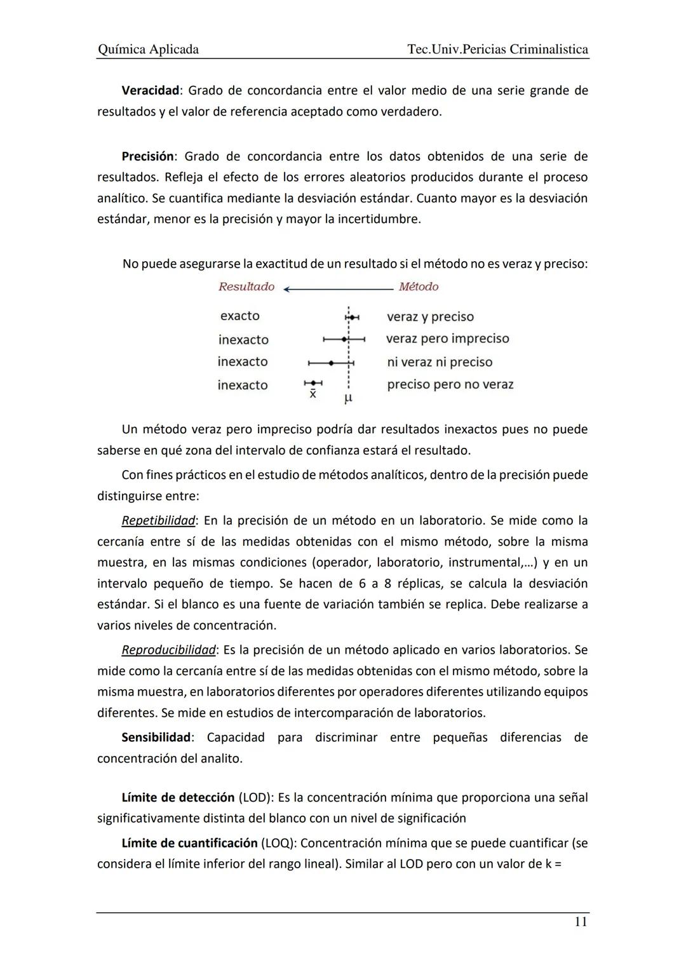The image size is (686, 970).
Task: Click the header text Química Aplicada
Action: click(x=147, y=49)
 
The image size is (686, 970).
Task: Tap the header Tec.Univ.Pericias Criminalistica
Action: click(x=497, y=49)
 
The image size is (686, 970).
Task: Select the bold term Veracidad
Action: click(x=150, y=90)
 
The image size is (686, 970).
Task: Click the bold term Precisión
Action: click(x=147, y=156)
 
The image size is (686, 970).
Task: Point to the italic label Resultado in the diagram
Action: click(x=246, y=286)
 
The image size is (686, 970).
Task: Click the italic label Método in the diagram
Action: click(x=419, y=286)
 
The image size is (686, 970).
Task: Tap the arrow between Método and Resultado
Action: click(x=338, y=289)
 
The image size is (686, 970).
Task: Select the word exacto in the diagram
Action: click(x=239, y=316)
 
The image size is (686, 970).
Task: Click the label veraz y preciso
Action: click(x=430, y=316)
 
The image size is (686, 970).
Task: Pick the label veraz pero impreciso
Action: click(x=447, y=339)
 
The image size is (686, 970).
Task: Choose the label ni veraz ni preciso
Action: click(x=440, y=362)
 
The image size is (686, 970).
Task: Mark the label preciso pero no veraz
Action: click(x=450, y=384)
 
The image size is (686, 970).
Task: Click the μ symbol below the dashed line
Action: click(x=347, y=399)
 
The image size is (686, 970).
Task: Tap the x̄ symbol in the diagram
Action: click(x=313, y=394)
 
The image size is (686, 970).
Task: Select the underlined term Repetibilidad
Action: click(x=158, y=520)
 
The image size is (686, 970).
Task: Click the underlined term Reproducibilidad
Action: click(x=168, y=650)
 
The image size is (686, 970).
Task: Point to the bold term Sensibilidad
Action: click(x=156, y=737)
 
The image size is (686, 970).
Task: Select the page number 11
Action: click(x=581, y=922)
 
